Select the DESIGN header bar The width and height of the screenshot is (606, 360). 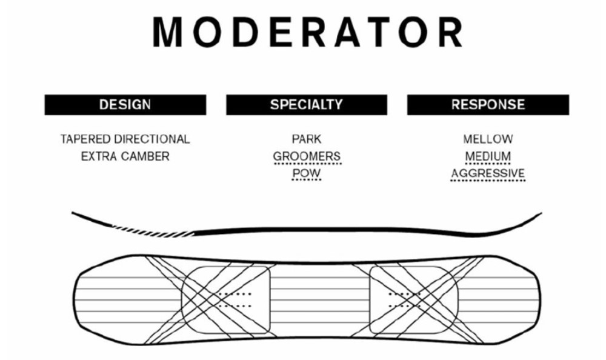pos(125,104)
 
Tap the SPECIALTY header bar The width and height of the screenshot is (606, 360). pos(306,104)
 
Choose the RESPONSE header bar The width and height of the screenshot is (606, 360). pos(488,104)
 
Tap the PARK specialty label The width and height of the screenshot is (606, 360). pos(306,139)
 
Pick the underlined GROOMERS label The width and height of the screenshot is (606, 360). pos(307,156)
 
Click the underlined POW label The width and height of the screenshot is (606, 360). pos(306,174)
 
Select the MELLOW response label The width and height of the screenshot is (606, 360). pos(488,139)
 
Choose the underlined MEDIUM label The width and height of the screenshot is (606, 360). pos(488,156)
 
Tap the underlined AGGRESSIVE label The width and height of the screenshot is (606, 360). pos(488,174)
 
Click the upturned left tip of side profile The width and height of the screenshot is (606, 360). pos(79,215)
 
